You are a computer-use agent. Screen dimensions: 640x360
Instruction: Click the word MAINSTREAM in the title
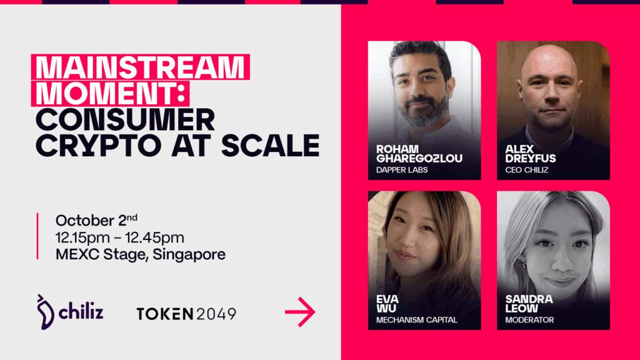click(140, 67)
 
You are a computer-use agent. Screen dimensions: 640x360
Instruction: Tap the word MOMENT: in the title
click(111, 94)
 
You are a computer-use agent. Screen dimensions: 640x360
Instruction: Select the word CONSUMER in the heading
click(125, 119)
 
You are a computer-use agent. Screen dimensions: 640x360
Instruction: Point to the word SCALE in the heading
click(270, 145)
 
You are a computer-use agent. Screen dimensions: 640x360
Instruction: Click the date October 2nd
click(96, 220)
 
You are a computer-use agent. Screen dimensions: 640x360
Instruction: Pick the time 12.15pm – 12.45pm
click(119, 237)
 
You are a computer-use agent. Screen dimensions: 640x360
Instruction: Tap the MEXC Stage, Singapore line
click(141, 254)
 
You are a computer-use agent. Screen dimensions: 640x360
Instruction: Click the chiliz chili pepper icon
click(45, 312)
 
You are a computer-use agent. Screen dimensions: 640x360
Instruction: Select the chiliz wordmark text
click(81, 312)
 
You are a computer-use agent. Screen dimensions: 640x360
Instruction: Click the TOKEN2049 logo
click(186, 314)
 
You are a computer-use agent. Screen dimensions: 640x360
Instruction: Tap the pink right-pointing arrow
click(300, 312)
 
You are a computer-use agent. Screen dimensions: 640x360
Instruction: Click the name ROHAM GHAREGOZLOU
click(419, 154)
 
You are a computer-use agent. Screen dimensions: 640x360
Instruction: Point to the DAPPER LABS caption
click(402, 170)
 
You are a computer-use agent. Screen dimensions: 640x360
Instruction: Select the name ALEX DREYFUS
click(530, 154)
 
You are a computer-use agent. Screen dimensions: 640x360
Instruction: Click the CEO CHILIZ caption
click(526, 170)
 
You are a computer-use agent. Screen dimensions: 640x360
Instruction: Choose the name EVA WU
click(387, 304)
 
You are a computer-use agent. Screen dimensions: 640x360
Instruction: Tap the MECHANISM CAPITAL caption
click(416, 320)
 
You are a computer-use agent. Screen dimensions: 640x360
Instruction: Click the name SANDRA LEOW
click(529, 304)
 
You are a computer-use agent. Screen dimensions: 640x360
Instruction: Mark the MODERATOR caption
click(529, 320)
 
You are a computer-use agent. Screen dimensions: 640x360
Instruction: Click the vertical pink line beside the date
click(37, 236)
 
